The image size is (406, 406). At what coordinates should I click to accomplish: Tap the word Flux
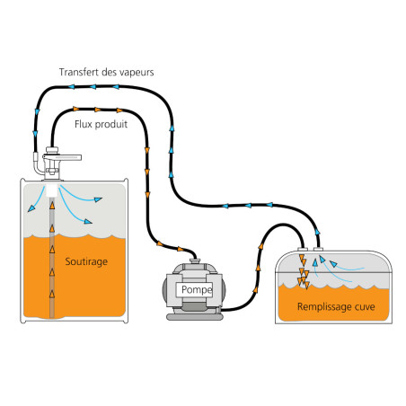(84, 124)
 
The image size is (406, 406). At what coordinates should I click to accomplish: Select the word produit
(111, 124)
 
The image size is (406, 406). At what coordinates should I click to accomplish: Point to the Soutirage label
(86, 261)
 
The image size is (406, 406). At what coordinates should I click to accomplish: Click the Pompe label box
(194, 289)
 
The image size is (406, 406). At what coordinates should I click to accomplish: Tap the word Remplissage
(323, 307)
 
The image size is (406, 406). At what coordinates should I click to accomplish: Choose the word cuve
(365, 307)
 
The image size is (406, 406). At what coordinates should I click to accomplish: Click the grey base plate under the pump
(195, 317)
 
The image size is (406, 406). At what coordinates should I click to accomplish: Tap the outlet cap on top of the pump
(195, 261)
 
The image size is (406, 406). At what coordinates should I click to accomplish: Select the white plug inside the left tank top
(52, 190)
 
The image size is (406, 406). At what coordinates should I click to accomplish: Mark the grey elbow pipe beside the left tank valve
(38, 163)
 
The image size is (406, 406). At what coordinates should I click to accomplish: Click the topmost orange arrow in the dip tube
(52, 206)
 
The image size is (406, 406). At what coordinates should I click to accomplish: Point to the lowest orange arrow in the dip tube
(52, 294)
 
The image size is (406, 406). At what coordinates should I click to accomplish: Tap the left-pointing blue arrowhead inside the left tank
(31, 208)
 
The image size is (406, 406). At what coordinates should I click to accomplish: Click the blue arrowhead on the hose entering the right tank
(317, 232)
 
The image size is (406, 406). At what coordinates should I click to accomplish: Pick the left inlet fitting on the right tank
(303, 250)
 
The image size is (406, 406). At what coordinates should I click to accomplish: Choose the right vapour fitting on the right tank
(318, 249)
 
